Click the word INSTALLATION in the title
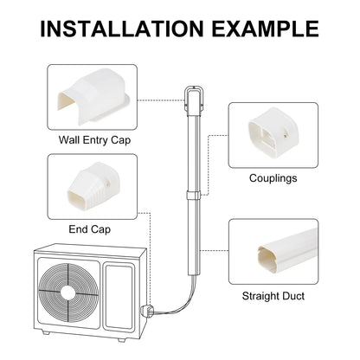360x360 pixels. (x=122, y=29)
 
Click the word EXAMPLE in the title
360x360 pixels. (x=266, y=29)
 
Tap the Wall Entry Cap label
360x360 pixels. (x=94, y=140)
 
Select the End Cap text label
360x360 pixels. (x=90, y=229)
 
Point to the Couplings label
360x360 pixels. (x=273, y=178)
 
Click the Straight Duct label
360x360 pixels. (x=273, y=296)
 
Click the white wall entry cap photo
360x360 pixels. (x=93, y=94)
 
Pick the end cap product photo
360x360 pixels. (x=93, y=186)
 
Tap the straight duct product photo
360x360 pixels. (x=287, y=251)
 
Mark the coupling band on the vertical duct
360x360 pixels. (x=193, y=196)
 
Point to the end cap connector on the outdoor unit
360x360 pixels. (x=145, y=312)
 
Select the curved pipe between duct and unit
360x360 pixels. (x=173, y=305)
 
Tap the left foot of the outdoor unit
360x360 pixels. (x=46, y=332)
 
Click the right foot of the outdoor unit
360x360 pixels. (x=122, y=339)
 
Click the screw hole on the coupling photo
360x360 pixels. (x=286, y=134)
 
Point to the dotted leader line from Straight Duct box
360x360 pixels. (x=215, y=251)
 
